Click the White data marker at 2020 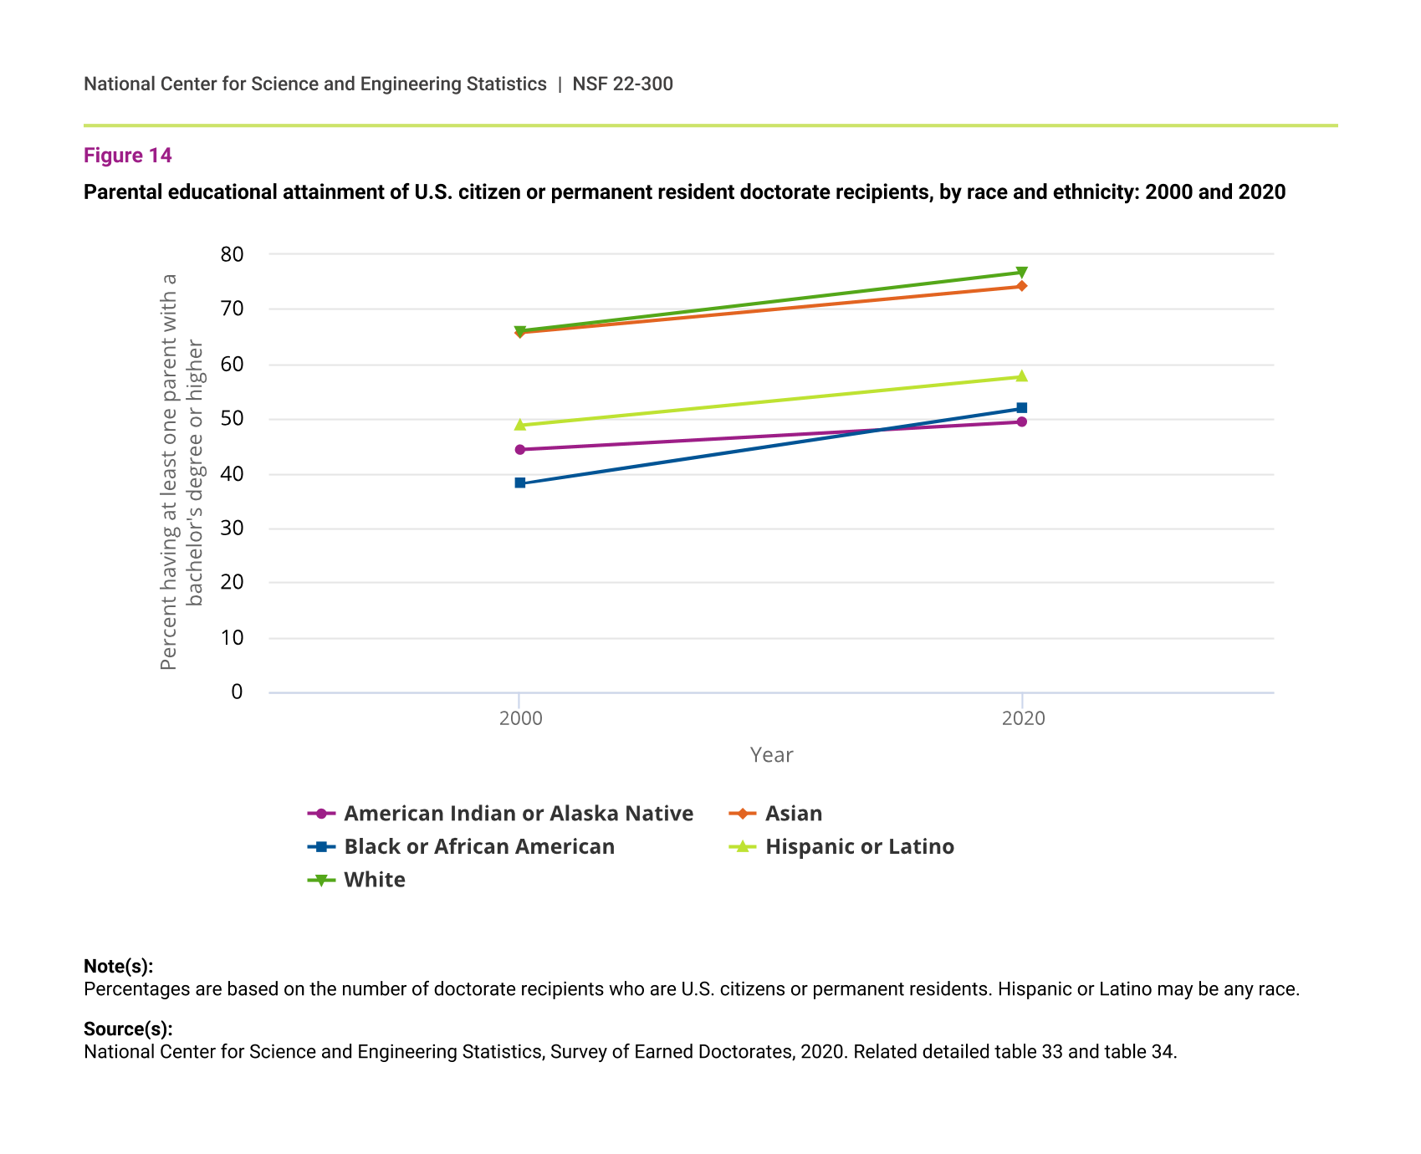[x=1021, y=273]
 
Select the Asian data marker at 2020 [x=1021, y=286]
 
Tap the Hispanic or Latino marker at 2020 [x=1021, y=376]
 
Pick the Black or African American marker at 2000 [x=520, y=483]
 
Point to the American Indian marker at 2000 [x=520, y=450]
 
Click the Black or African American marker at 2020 [x=1021, y=408]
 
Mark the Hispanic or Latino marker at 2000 [x=520, y=425]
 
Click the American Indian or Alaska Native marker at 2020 [x=1021, y=421]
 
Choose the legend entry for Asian [x=793, y=814]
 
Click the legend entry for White [x=374, y=880]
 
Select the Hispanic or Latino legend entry [x=859, y=847]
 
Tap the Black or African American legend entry [x=478, y=847]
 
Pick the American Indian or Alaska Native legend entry [x=518, y=814]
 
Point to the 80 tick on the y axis [x=232, y=254]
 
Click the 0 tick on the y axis [x=237, y=692]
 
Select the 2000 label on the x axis [x=520, y=718]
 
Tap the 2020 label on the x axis [x=1023, y=718]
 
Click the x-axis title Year [x=771, y=755]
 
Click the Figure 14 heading [x=128, y=156]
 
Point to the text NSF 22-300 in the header [x=622, y=84]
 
